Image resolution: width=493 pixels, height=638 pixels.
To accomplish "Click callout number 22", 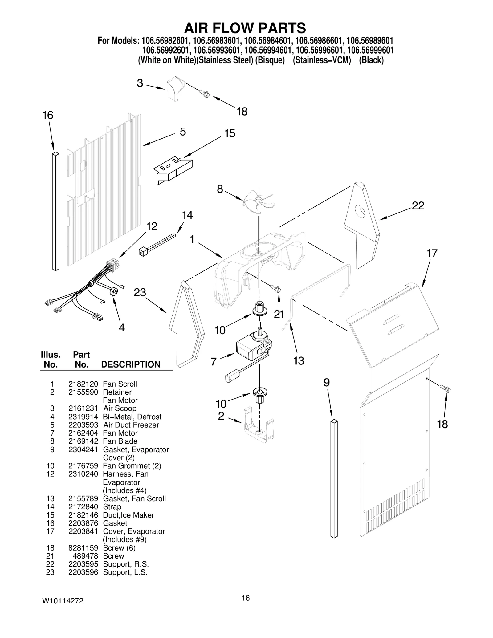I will (418, 206).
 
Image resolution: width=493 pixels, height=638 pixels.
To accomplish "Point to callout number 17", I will (432, 253).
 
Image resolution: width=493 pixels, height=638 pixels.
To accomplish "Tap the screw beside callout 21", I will (275, 288).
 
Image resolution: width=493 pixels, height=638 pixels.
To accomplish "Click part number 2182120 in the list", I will (83, 384).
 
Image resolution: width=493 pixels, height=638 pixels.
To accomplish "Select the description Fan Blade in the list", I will (120, 441).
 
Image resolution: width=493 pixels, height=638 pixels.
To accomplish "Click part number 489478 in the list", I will (85, 556).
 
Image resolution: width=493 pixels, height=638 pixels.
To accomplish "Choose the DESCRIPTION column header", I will (131, 364).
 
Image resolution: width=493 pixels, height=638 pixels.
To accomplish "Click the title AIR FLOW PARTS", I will (245, 28).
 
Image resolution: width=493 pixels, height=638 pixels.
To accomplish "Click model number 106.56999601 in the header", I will (370, 50).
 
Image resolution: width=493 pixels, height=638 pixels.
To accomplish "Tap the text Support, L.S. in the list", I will (125, 572).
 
